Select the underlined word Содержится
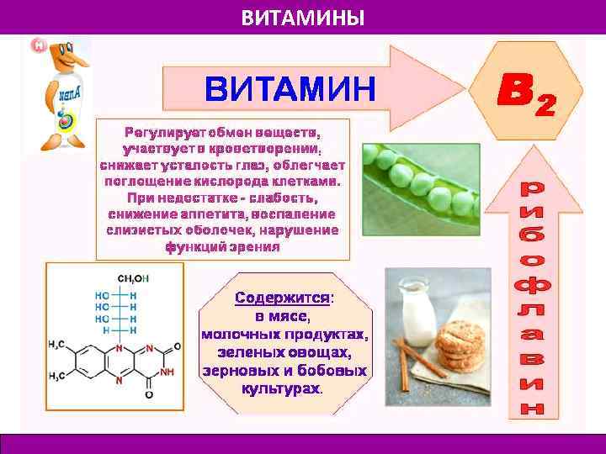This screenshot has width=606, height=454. coord(282,298)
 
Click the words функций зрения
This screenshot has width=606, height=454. coord(222,247)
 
